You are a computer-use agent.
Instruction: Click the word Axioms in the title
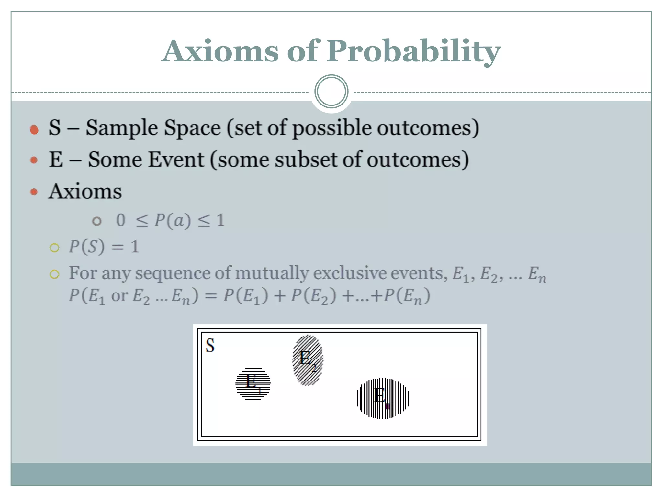pyautogui.click(x=220, y=51)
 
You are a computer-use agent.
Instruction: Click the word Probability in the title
pyautogui.click(x=413, y=51)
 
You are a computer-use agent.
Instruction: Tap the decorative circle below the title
pyautogui.click(x=331, y=92)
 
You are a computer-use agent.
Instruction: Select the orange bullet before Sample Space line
pyautogui.click(x=34, y=129)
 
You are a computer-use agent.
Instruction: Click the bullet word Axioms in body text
pyautogui.click(x=85, y=191)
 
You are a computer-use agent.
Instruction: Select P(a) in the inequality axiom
pyautogui.click(x=172, y=221)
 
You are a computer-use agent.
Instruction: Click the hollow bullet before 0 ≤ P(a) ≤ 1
pyautogui.click(x=96, y=221)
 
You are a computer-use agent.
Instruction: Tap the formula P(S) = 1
pyautogui.click(x=104, y=247)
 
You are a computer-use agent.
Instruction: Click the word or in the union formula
pyautogui.click(x=119, y=295)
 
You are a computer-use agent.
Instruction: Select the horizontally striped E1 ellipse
pyautogui.click(x=253, y=384)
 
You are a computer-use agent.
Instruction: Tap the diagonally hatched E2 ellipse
pyautogui.click(x=308, y=360)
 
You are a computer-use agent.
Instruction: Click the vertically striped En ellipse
pyautogui.click(x=382, y=398)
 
